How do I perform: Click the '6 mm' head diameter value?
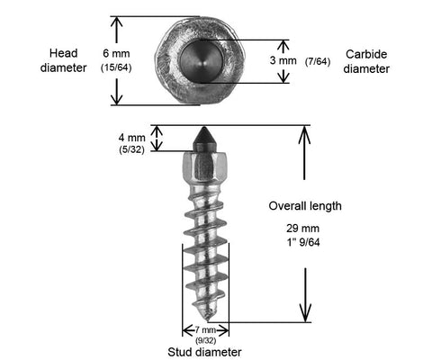coord(116,54)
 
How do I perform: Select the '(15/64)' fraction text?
coord(116,67)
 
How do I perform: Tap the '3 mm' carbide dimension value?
coord(283,60)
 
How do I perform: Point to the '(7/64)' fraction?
coord(318,61)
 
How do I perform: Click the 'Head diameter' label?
coord(63,60)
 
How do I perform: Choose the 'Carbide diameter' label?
coord(366,61)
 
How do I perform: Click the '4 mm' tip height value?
coord(132,138)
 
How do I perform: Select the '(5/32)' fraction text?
coord(131,149)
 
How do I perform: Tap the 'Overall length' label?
coord(305,206)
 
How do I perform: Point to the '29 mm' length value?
coord(302,229)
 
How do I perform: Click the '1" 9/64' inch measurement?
coord(303,242)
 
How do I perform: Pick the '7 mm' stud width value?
coord(205,330)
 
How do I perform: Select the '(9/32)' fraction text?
coord(205,340)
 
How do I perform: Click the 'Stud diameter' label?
coord(204,352)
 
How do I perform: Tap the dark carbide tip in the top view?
coord(202,61)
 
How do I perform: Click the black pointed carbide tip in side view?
coord(204,139)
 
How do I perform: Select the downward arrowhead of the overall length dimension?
coord(305,313)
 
